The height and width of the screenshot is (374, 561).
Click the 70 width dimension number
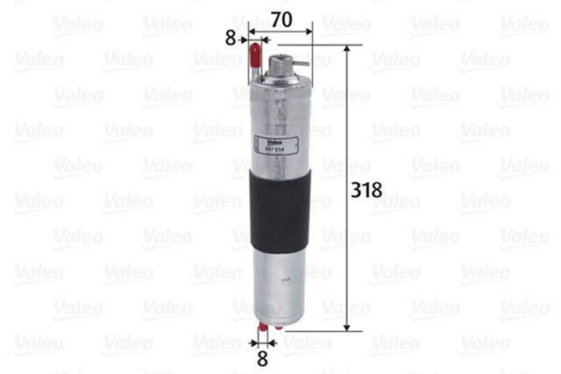(280, 17)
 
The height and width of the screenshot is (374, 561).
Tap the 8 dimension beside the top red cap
(231, 38)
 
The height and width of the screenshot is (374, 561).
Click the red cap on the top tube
(255, 52)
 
